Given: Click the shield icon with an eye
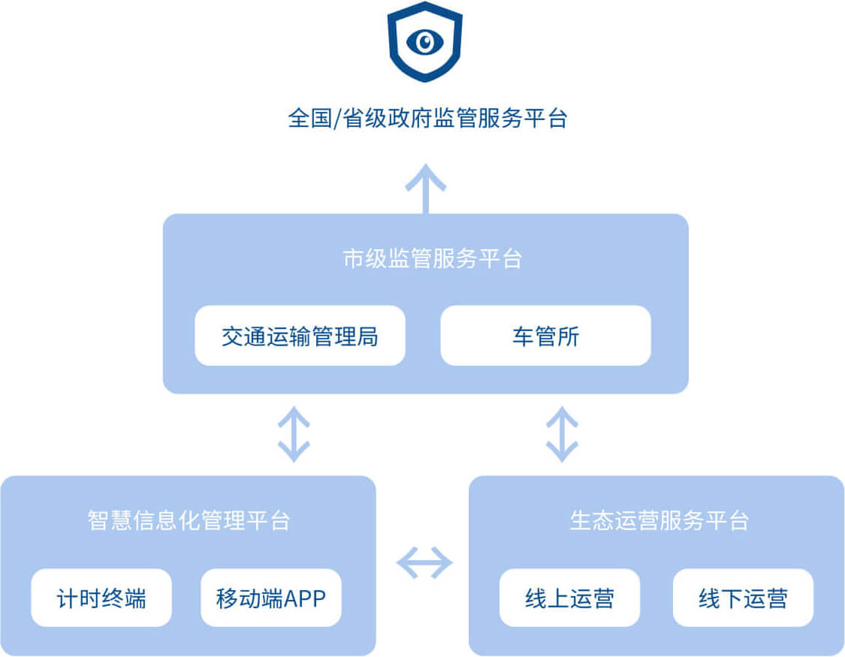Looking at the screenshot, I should (x=424, y=41).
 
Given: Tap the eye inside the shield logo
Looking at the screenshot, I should (x=424, y=41).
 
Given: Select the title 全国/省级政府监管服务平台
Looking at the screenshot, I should (x=427, y=119).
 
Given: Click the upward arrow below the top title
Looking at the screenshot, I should (x=426, y=188).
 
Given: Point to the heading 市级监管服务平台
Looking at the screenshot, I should (x=432, y=259).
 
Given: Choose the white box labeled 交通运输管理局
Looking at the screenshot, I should (x=300, y=336).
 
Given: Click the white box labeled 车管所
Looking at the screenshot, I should (x=545, y=336).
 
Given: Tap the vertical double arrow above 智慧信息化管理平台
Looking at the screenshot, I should (x=294, y=434).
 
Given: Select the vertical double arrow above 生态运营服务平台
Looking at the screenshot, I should (x=562, y=434).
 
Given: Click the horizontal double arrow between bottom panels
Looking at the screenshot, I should (x=424, y=562).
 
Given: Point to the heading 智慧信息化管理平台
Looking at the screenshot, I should (x=189, y=520).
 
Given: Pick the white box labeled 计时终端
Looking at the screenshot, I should (x=101, y=598).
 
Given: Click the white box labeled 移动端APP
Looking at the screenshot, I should (x=270, y=598).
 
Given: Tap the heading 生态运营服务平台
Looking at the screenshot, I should (x=659, y=520).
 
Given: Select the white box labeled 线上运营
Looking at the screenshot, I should (x=569, y=598).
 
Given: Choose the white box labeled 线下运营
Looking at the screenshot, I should (x=743, y=598).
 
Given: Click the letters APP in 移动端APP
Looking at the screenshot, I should (x=304, y=599).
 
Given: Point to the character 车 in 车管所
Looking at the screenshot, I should (x=523, y=336).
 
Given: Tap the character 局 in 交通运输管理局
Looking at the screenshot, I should (x=368, y=336).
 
